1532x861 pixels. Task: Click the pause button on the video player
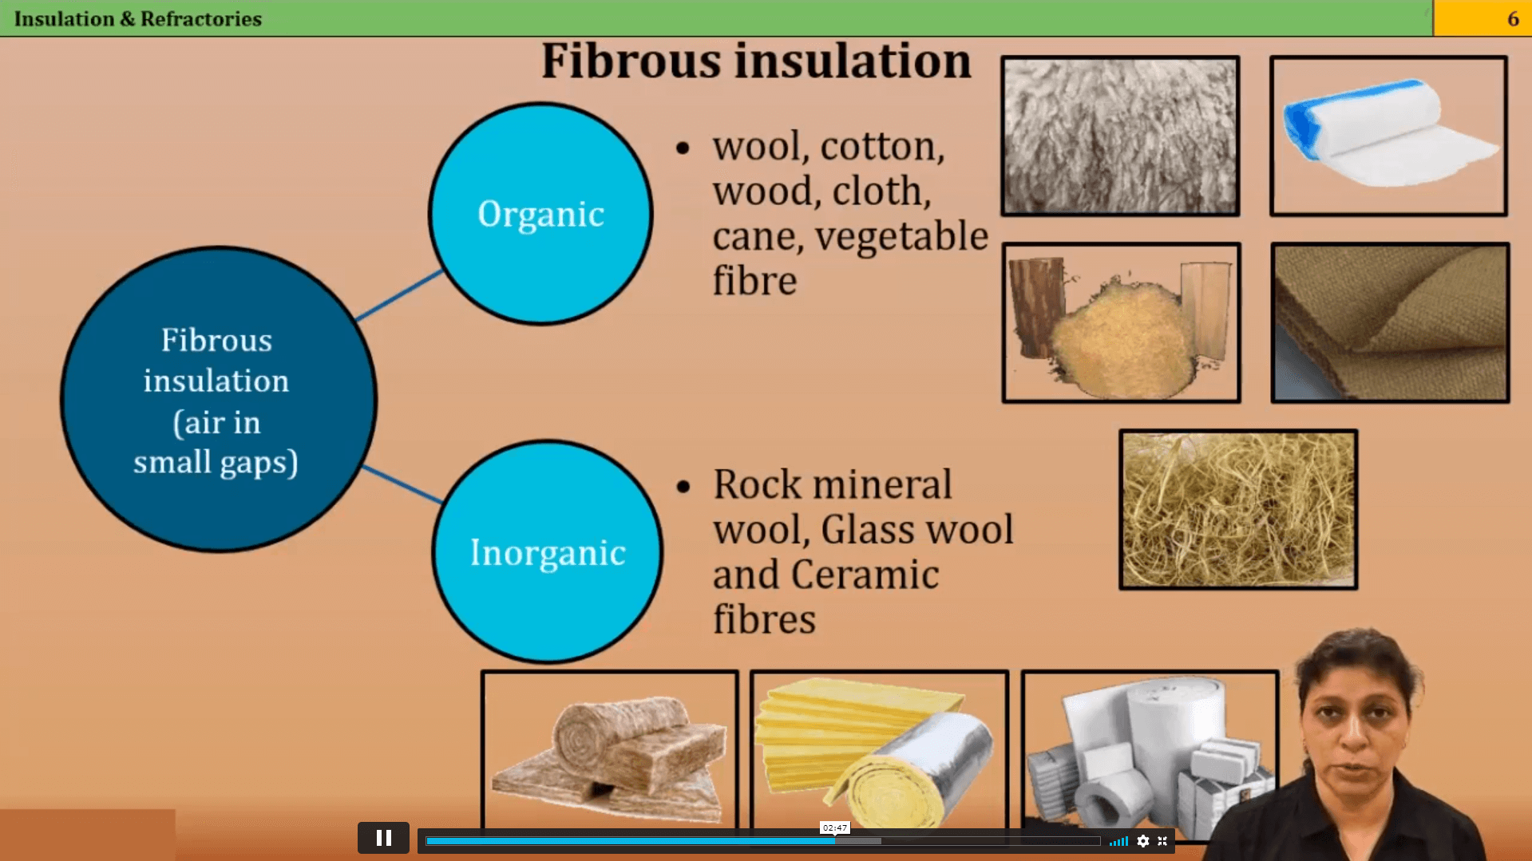click(x=383, y=838)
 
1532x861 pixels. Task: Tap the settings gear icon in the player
click(x=1143, y=841)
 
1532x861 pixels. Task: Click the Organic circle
click(x=540, y=214)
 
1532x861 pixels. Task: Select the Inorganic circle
click(x=547, y=551)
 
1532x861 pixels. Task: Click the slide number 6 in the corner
click(x=1512, y=19)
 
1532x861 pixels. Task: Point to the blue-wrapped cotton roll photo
click(x=1388, y=136)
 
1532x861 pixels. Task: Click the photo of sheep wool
click(x=1120, y=136)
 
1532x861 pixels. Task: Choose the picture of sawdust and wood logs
click(x=1121, y=322)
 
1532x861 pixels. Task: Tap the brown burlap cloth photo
click(x=1390, y=322)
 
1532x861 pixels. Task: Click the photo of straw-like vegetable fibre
click(x=1238, y=510)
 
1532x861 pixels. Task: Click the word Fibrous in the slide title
click(x=630, y=61)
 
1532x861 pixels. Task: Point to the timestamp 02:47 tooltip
click(x=834, y=827)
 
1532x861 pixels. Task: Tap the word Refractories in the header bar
click(x=200, y=19)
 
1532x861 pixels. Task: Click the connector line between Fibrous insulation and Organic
click(x=398, y=296)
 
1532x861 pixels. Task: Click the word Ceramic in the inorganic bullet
click(x=865, y=575)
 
